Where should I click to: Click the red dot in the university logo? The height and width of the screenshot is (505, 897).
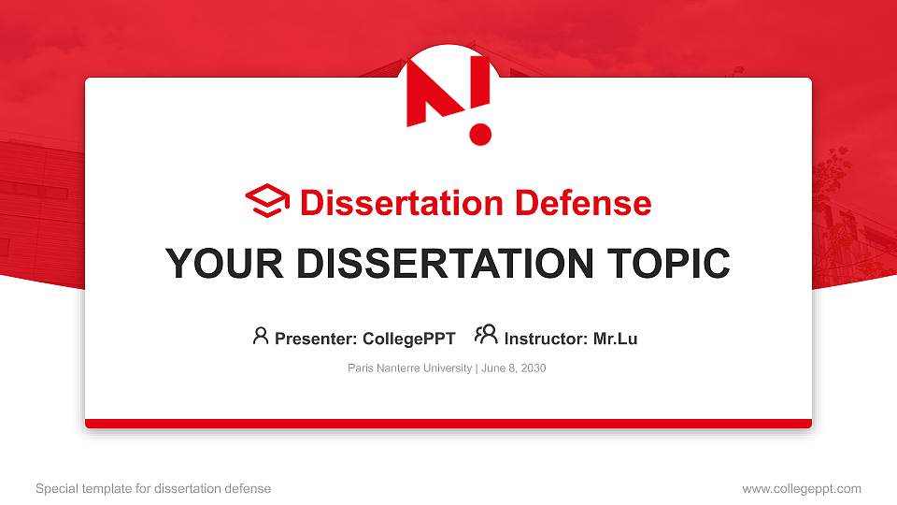480,134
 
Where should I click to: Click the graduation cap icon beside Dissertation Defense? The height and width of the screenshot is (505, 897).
267,202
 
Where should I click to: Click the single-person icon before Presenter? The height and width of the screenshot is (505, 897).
261,336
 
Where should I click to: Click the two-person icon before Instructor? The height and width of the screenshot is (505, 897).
486,336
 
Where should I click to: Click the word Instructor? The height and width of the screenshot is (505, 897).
546,339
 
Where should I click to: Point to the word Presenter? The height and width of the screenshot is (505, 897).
315,339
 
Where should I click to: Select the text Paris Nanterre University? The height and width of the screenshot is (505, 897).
409,368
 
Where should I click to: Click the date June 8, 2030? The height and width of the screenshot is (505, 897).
513,368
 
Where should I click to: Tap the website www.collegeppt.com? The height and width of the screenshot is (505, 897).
801,488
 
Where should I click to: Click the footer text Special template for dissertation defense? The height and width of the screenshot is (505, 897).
152,488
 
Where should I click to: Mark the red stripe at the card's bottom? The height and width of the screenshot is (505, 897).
448,424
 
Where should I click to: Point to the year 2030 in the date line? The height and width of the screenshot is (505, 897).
534,368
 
